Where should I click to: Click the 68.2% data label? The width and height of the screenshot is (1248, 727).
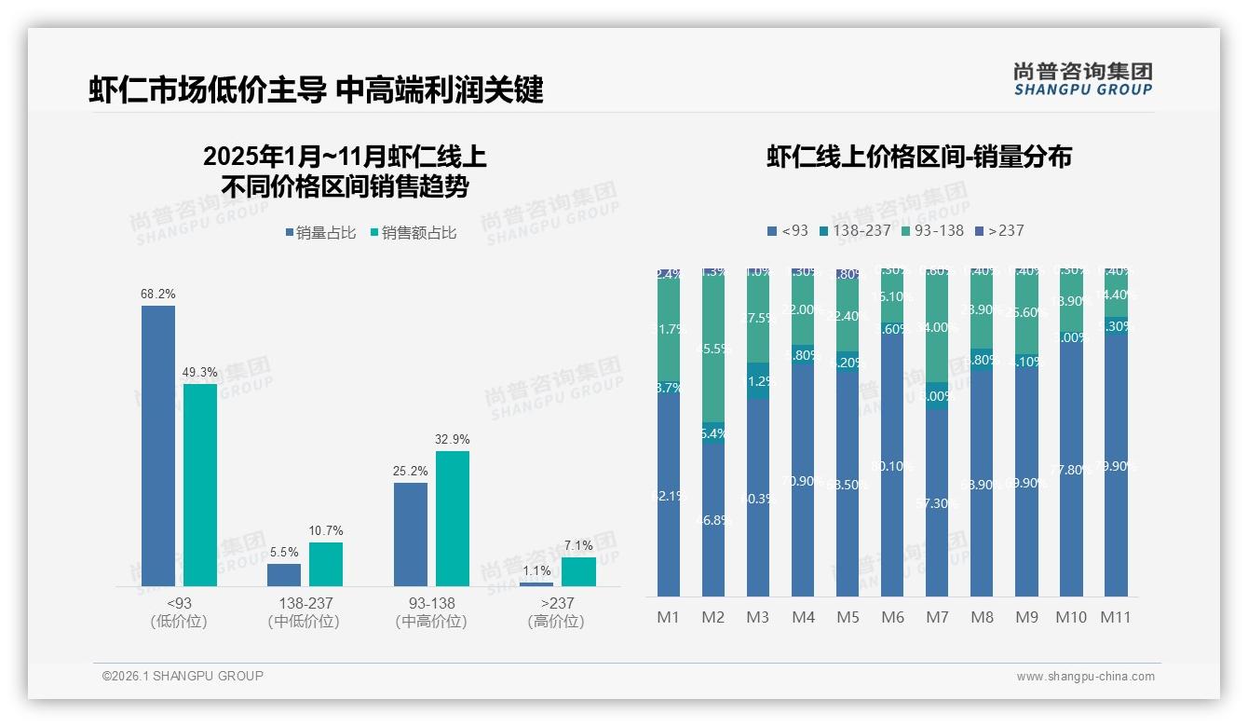(x=158, y=294)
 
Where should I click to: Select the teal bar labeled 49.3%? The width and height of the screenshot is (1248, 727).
(x=200, y=485)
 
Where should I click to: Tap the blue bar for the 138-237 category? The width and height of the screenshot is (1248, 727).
(x=284, y=575)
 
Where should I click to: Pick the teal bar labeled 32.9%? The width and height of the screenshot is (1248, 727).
(x=453, y=518)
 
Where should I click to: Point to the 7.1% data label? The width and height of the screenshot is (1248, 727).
(x=578, y=545)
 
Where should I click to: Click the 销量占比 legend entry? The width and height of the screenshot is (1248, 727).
(x=320, y=233)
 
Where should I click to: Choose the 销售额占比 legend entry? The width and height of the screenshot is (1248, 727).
(x=414, y=233)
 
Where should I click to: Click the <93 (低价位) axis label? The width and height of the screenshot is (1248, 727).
(x=178, y=612)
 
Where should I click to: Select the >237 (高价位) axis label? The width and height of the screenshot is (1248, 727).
(x=556, y=612)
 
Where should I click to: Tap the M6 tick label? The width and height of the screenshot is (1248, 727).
(x=892, y=617)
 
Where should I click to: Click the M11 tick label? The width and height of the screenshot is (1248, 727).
(x=1116, y=617)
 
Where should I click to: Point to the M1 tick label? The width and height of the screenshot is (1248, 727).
(x=669, y=617)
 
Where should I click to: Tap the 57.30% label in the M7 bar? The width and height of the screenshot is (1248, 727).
(x=937, y=503)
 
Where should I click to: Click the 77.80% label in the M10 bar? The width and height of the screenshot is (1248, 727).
(x=1071, y=470)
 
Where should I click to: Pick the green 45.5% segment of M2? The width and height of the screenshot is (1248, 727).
(x=713, y=350)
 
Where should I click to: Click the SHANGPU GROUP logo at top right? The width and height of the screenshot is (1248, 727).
(x=1082, y=79)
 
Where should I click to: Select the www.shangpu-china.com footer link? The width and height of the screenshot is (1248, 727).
(x=1085, y=677)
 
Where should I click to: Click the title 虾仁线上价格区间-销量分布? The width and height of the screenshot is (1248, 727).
(x=918, y=157)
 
